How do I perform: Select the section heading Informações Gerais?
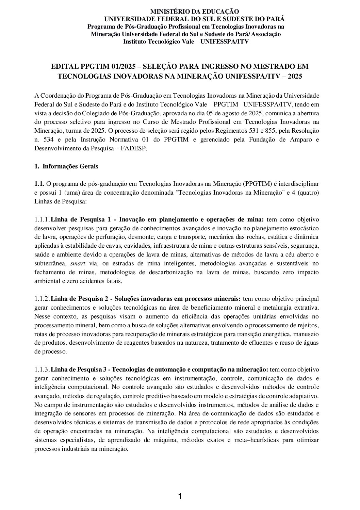(70, 166)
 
